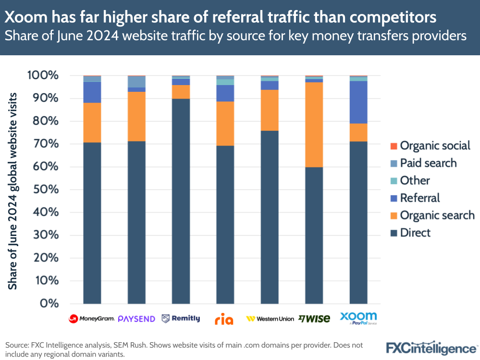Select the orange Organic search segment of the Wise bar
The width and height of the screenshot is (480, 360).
(x=314, y=124)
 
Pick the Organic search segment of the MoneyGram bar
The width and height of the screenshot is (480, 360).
(x=92, y=123)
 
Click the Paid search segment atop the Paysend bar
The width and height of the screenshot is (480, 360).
(x=136, y=82)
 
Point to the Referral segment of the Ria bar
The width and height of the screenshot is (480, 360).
(x=225, y=93)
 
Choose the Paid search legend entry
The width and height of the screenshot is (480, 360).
(x=428, y=163)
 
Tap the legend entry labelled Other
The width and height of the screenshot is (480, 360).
(x=415, y=180)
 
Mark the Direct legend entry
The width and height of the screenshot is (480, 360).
(x=415, y=233)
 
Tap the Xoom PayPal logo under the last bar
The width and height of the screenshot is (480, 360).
(x=358, y=318)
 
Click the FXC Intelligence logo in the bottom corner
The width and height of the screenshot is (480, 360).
(x=431, y=347)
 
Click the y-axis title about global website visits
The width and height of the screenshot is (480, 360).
(x=13, y=189)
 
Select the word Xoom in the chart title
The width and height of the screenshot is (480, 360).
(x=23, y=17)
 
